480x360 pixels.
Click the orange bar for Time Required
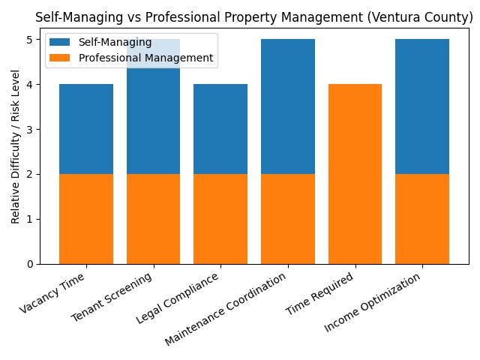pyautogui.click(x=355, y=174)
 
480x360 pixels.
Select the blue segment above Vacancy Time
pyautogui.click(x=86, y=129)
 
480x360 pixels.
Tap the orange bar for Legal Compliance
pyautogui.click(x=220, y=219)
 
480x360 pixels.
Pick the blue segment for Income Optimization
pyautogui.click(x=422, y=106)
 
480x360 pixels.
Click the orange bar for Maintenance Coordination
pyautogui.click(x=288, y=219)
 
